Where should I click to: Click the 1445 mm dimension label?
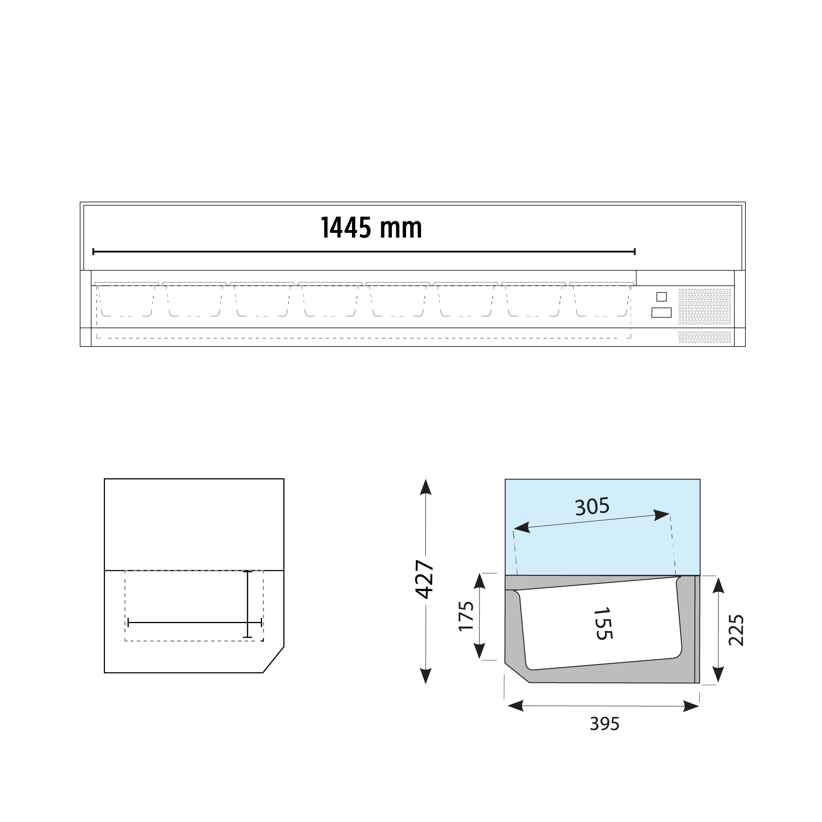(371, 228)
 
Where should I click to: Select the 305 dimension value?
(592, 506)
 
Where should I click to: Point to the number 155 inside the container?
(603, 624)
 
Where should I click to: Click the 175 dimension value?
(466, 616)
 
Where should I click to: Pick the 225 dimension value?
(736, 630)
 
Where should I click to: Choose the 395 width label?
(605, 724)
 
